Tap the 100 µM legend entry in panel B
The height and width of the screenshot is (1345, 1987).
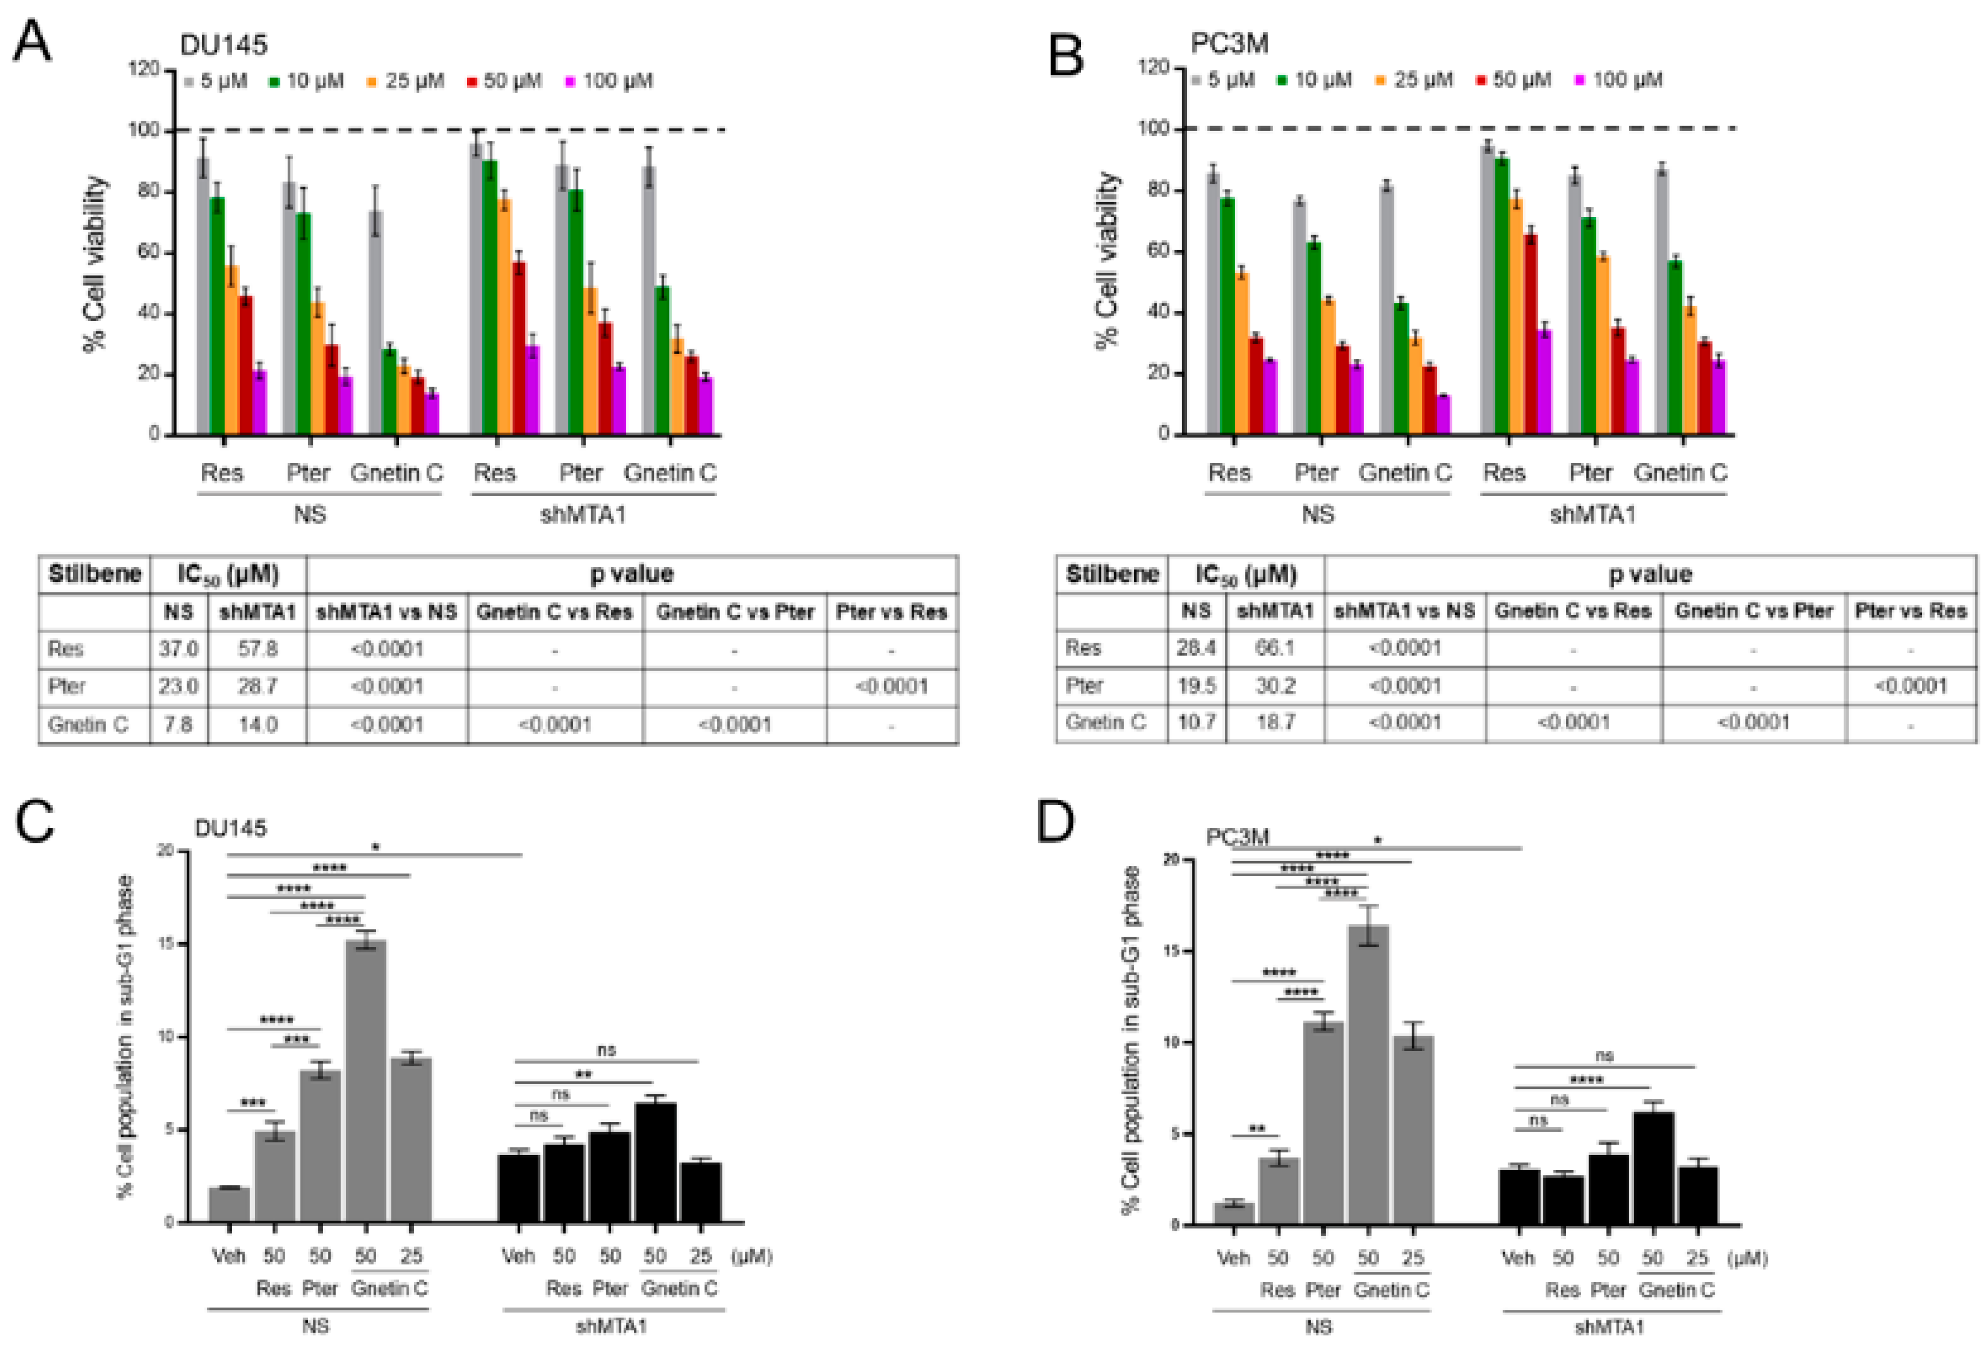[x=1620, y=80]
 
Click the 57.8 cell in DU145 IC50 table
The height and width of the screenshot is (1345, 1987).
[x=257, y=649]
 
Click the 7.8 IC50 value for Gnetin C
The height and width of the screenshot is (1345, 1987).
[x=178, y=724]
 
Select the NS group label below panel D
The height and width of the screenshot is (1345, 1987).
[x=1319, y=1326]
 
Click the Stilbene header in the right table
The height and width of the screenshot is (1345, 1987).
[x=1111, y=574]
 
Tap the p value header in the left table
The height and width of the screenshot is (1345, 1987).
[x=631, y=574]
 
